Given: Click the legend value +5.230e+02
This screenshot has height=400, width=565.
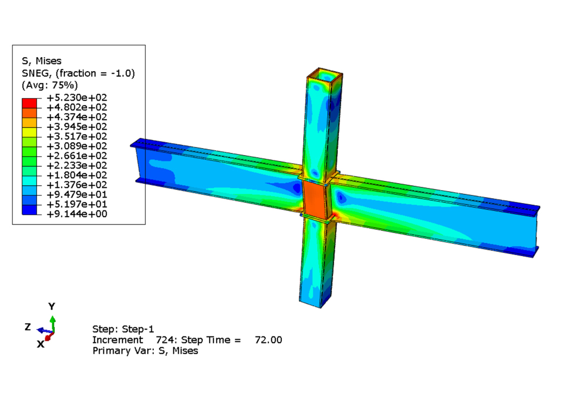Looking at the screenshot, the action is (x=77, y=97).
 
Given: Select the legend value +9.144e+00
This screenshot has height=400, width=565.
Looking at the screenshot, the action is (x=77, y=214).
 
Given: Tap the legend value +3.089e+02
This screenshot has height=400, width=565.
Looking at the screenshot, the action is (x=77, y=146).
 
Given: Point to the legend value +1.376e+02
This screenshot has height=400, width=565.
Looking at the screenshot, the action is (x=77, y=185).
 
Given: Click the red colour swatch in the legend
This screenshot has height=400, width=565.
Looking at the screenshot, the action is (x=29, y=103).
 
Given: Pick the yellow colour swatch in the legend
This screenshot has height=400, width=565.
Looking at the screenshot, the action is (x=29, y=132).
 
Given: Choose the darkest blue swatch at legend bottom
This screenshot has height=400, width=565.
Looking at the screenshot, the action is (x=29, y=210).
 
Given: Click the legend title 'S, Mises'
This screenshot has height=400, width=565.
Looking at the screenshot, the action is (x=41, y=61).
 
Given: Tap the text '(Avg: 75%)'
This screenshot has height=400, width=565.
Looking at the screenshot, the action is (x=50, y=86).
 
